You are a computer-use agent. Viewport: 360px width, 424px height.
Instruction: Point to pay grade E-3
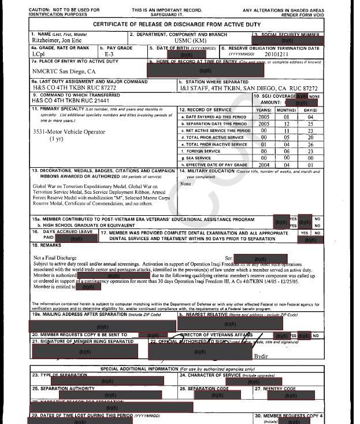(110, 56)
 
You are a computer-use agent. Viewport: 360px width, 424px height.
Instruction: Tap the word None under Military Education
(185, 183)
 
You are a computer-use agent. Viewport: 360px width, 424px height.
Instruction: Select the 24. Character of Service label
(210, 375)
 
